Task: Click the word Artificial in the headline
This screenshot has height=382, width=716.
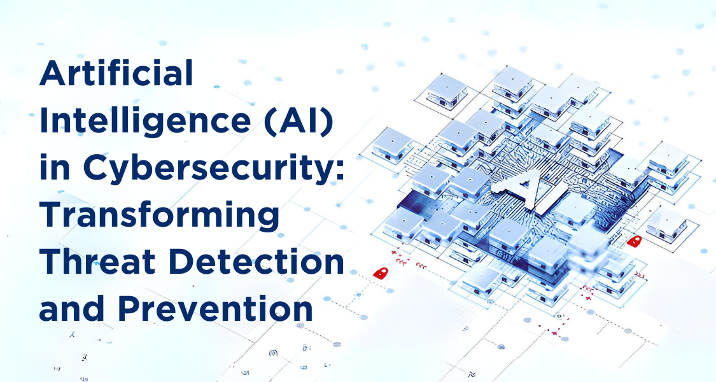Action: (x=116, y=73)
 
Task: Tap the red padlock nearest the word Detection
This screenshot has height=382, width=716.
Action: (x=381, y=272)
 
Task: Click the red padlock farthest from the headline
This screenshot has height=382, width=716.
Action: (x=634, y=241)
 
